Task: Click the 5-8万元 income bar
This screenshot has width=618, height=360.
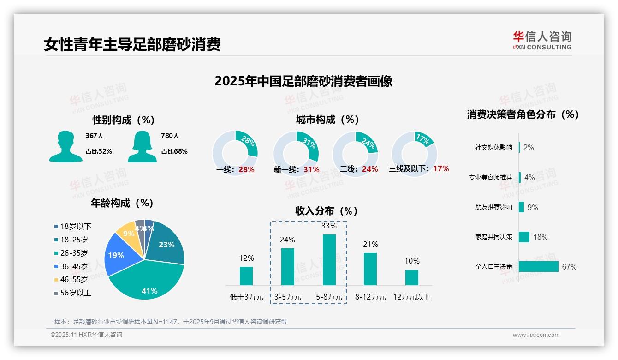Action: (x=329, y=259)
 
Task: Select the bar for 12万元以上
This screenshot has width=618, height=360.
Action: (x=411, y=277)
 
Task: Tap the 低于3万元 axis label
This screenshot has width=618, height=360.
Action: (x=246, y=297)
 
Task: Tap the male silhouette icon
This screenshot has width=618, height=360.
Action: (x=65, y=146)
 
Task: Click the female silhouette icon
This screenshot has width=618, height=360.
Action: (x=142, y=146)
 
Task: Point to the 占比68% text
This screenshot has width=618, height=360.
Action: (x=174, y=151)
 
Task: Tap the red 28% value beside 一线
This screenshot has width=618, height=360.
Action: (x=246, y=169)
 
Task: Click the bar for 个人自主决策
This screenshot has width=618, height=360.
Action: (x=538, y=267)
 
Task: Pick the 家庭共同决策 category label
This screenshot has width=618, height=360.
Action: (x=493, y=237)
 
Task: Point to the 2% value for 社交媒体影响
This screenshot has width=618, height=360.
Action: (x=529, y=147)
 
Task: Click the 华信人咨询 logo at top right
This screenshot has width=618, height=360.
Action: (x=542, y=41)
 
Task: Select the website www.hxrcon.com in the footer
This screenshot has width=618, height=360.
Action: (x=536, y=335)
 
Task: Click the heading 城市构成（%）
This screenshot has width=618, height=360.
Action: (x=327, y=120)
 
